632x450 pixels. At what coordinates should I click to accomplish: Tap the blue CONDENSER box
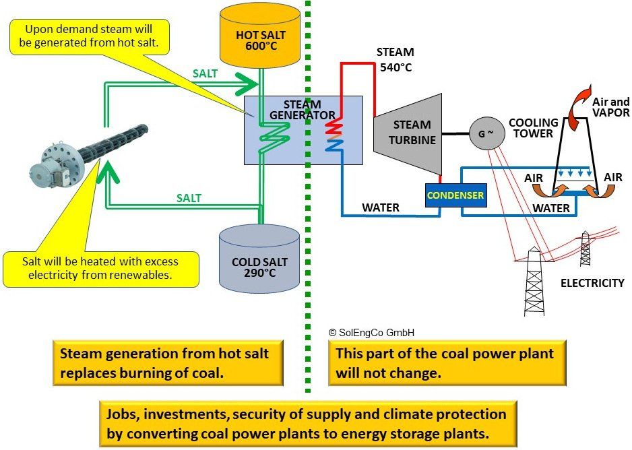tap(454, 196)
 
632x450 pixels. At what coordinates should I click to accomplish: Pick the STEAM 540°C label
tap(395, 59)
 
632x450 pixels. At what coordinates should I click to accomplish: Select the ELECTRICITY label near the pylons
tap(592, 283)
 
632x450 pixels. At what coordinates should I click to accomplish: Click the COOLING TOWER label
tap(533, 128)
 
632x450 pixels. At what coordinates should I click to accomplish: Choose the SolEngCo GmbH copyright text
tap(371, 332)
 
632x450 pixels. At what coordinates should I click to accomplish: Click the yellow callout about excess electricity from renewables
tap(101, 267)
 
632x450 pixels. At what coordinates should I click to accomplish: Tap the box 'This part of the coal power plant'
tap(446, 362)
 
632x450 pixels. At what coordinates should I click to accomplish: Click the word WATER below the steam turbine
tap(381, 208)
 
